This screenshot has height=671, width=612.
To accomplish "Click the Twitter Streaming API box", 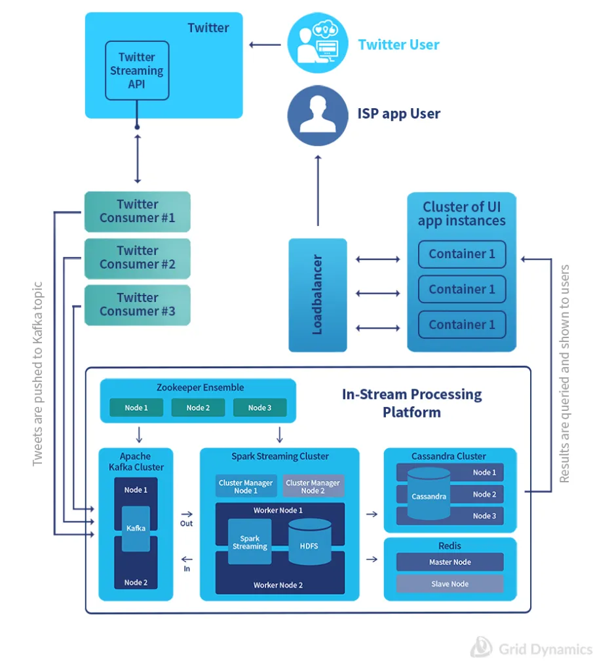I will click(x=137, y=71).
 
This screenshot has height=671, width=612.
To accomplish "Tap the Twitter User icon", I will click(x=317, y=45).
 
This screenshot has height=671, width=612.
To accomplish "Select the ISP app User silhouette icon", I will click(x=317, y=114).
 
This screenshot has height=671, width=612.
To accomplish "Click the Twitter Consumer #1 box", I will click(x=137, y=211).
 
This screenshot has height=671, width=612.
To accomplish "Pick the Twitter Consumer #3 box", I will click(x=137, y=305).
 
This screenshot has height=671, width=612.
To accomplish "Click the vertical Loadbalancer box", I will click(x=318, y=295).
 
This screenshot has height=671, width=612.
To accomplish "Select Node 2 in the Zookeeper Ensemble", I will click(x=198, y=408).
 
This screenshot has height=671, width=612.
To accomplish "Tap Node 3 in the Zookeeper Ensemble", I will click(x=259, y=408).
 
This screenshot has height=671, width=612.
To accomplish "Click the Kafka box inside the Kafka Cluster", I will click(x=136, y=528).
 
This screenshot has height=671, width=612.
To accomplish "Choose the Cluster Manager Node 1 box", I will click(x=246, y=486).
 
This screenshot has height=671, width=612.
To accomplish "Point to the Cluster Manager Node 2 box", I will click(x=313, y=486).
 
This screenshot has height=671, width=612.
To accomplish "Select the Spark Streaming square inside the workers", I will click(x=250, y=542).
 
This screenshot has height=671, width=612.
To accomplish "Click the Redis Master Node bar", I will click(x=449, y=562).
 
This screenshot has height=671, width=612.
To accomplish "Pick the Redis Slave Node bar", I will click(x=449, y=583).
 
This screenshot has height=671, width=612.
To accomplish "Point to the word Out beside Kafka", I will click(x=187, y=524).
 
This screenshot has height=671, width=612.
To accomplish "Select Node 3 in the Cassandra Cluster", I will click(x=484, y=516).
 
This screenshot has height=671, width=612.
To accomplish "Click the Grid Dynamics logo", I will click(x=532, y=649).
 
